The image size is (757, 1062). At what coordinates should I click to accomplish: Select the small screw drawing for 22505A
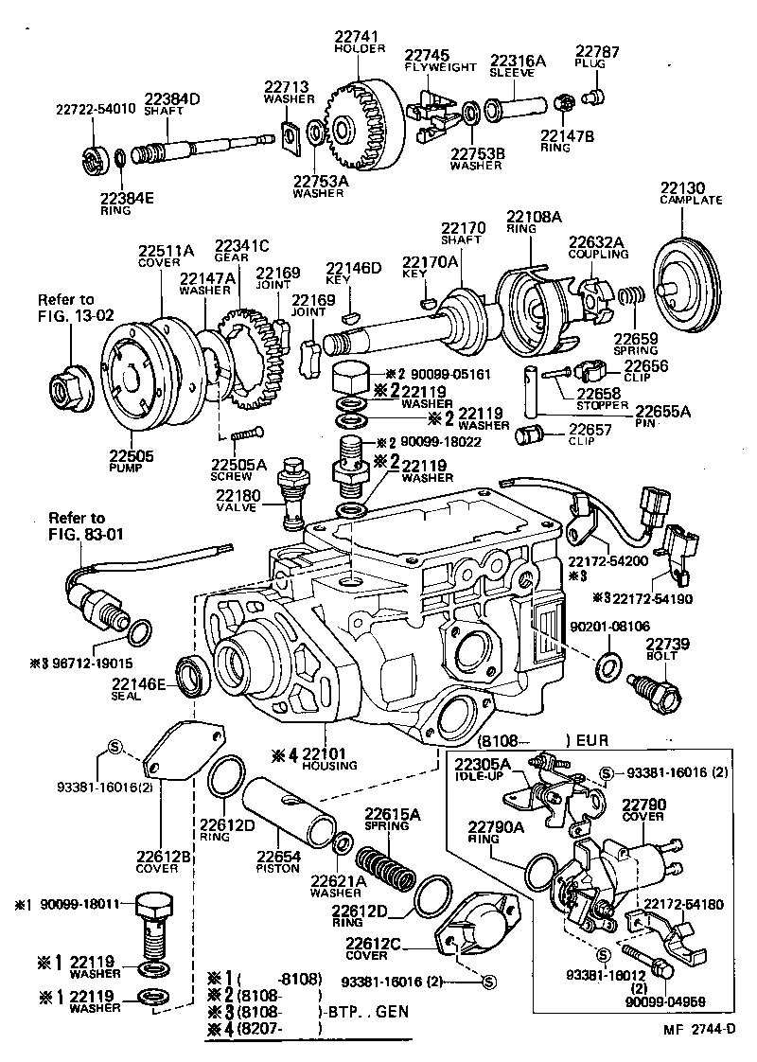[243, 435]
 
